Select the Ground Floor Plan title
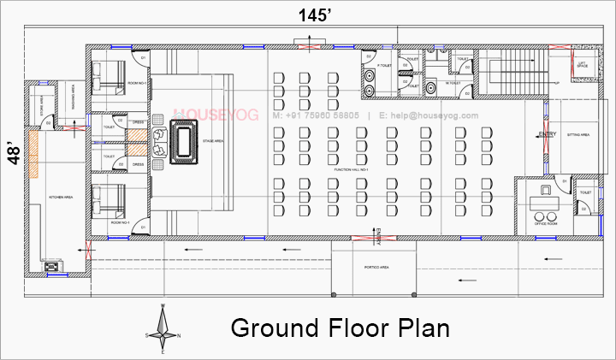[340, 328]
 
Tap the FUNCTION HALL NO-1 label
[352, 171]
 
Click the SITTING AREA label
[579, 135]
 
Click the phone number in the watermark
[317, 115]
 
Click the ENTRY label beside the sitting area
[548, 135]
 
